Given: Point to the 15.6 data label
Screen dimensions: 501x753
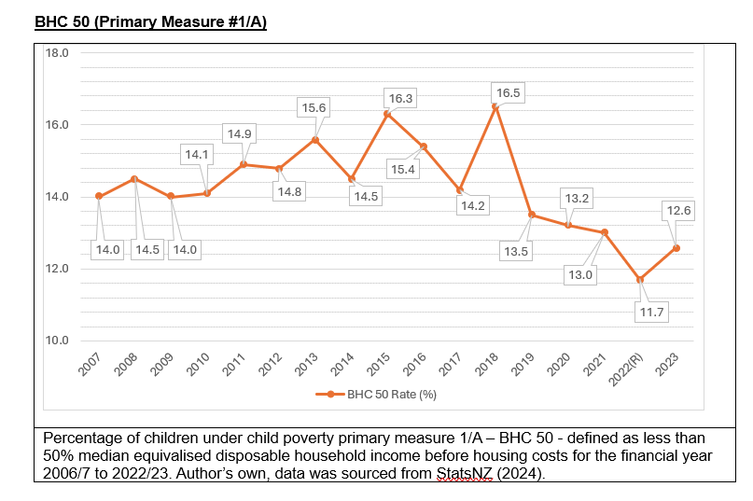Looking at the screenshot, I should [x=314, y=107].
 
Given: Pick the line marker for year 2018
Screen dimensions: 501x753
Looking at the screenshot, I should [x=495, y=107].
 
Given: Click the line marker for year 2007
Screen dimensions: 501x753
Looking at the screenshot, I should [x=98, y=196].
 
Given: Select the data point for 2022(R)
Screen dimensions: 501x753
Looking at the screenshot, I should [x=639, y=279].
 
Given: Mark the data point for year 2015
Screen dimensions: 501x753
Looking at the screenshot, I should [x=387, y=114].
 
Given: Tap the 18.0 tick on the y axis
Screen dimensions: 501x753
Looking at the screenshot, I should [x=58, y=53].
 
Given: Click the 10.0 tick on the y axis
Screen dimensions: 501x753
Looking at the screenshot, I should [x=58, y=341].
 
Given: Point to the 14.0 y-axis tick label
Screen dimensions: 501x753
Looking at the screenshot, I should [x=58, y=197].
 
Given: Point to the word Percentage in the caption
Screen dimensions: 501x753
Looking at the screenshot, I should [x=86, y=438].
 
